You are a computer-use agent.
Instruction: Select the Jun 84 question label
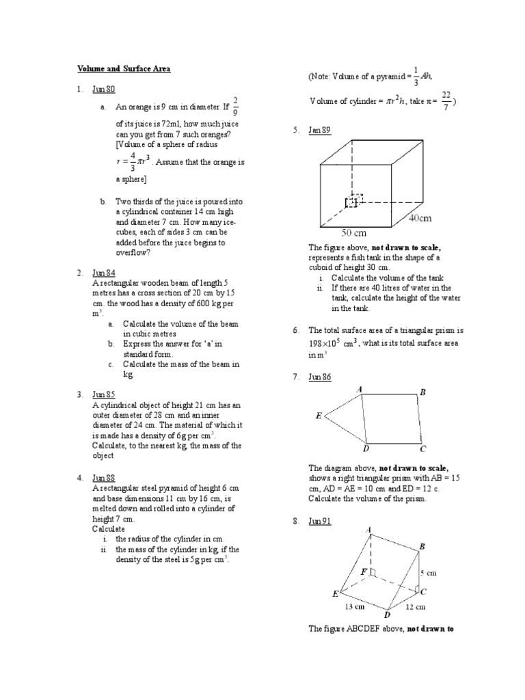tap(104, 273)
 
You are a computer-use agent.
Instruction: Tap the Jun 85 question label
tap(104, 394)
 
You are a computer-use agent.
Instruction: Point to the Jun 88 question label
tap(104, 478)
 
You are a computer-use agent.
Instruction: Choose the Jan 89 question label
tap(319, 129)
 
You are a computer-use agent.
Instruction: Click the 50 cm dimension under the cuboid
tap(354, 232)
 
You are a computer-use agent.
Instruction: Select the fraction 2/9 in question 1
tap(236, 106)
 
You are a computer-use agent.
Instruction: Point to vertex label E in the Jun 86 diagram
tap(319, 415)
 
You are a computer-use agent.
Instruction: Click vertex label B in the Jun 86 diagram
tap(423, 392)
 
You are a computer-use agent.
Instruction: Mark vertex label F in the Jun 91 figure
tap(364, 571)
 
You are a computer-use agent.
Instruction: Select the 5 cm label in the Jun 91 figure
tap(428, 574)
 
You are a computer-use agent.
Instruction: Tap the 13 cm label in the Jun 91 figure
tap(353, 606)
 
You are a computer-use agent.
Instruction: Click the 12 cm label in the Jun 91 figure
tap(415, 606)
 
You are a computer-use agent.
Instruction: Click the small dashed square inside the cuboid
tap(353, 201)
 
